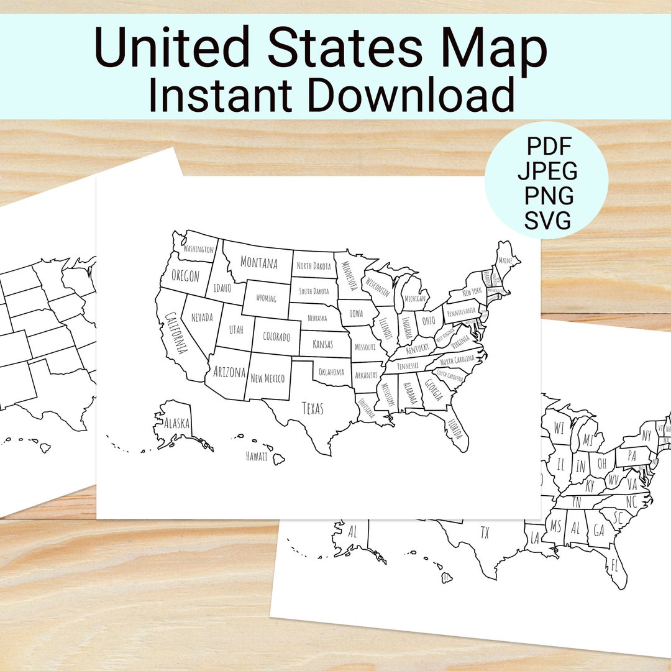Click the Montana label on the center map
pos(258,263)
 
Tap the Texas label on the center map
pos(313,408)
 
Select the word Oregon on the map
pos(185,276)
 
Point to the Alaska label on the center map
pos(176,424)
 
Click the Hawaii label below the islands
pos(257,457)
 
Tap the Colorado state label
pos(276,337)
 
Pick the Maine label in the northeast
pos(506,261)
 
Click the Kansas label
pos(322,344)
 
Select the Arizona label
pos(229,372)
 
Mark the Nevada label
pos(202,317)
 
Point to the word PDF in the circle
pos(549,147)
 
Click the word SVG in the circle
pos(547,221)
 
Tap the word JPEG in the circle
pos(547,171)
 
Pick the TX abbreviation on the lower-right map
pos(485,532)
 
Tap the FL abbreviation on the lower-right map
pos(614,565)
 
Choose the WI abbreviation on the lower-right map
pos(559,428)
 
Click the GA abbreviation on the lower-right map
pos(598,530)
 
